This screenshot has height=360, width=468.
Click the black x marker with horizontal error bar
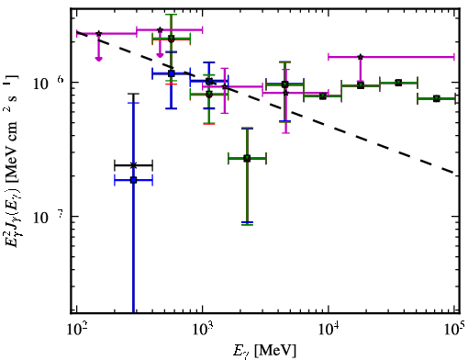pyautogui.click(x=133, y=165)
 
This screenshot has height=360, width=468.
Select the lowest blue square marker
pyautogui.click(x=133, y=180)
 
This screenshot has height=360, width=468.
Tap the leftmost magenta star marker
pyautogui.click(x=98, y=34)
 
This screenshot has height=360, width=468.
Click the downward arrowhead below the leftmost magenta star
pyautogui.click(x=98, y=58)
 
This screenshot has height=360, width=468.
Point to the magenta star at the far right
pyautogui.click(x=361, y=57)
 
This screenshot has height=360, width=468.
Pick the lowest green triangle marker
pyautogui.click(x=247, y=158)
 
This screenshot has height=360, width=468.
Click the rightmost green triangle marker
pyautogui.click(x=437, y=98)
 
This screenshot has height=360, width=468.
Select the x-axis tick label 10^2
pyautogui.click(x=77, y=330)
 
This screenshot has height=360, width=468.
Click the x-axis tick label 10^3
pyautogui.click(x=203, y=330)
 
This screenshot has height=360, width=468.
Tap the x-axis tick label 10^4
pyautogui.click(x=329, y=330)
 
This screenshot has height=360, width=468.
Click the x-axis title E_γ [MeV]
pyautogui.click(x=264, y=351)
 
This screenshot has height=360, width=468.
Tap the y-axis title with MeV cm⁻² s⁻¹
pyautogui.click(x=11, y=161)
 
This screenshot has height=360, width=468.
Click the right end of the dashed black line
pyautogui.click(x=454, y=174)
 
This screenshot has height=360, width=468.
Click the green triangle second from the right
pyautogui.click(x=398, y=83)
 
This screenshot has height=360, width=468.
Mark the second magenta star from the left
pyautogui.click(x=160, y=30)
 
